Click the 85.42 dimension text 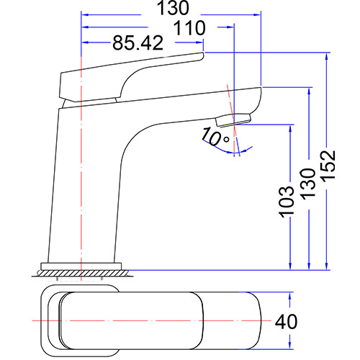point(137,43)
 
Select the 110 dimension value point(189,27)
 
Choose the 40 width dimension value point(287,321)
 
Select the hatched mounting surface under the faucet point(84,273)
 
